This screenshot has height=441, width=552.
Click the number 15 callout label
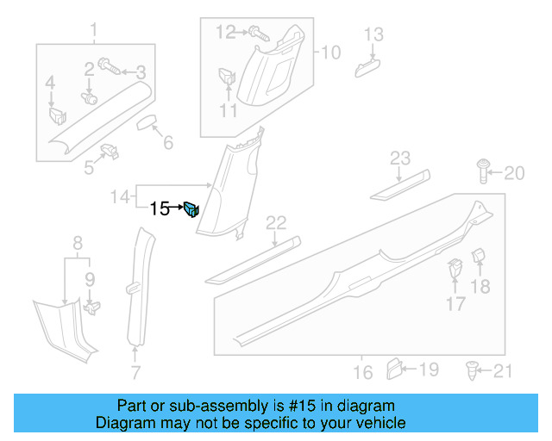click(160, 208)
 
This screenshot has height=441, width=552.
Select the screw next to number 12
click(258, 33)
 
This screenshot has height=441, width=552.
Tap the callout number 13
click(373, 34)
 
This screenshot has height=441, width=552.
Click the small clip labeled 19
click(393, 369)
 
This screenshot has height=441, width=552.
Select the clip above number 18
click(480, 258)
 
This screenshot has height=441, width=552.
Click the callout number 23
click(400, 158)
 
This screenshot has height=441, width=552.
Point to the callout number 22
click(275, 224)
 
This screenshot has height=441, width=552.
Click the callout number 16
click(363, 372)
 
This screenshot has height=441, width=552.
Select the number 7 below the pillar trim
click(135, 373)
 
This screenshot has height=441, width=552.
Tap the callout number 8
click(77, 243)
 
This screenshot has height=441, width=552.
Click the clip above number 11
click(226, 76)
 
